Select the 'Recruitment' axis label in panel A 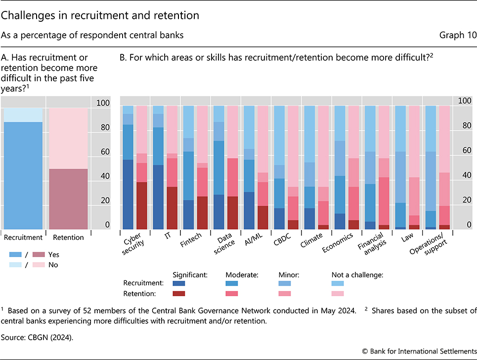[x=23, y=237]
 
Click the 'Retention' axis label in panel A [x=68, y=237]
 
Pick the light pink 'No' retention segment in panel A [x=68, y=138]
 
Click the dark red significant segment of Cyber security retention [x=142, y=205]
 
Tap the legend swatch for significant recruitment [x=179, y=284]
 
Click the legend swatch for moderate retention [x=232, y=294]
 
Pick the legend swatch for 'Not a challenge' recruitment [x=338, y=284]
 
